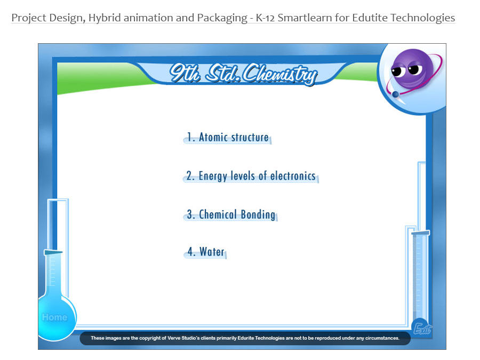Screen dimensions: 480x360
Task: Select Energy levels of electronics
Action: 251,175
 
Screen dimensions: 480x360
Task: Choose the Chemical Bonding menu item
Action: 231,214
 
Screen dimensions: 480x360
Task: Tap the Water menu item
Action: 205,252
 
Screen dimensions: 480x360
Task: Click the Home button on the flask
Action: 54,317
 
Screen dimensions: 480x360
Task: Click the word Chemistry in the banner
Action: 280,74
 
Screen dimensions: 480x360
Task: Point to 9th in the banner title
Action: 185,73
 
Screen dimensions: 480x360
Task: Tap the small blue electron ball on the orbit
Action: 396,94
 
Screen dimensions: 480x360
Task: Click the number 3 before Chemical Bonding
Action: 190,214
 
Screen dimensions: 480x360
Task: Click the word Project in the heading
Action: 29,18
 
